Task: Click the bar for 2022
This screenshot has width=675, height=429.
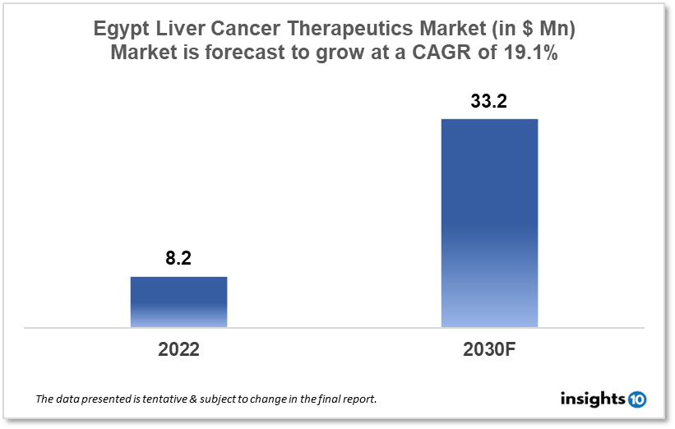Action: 178,302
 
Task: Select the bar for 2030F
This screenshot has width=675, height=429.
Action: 489,223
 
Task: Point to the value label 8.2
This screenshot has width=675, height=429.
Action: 178,258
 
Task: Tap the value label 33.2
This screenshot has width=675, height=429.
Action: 489,101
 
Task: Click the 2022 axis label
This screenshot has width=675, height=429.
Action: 178,348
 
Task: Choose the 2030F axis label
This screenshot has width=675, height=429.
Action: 489,348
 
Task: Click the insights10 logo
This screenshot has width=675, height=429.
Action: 602,399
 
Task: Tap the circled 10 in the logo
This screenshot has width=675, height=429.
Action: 636,399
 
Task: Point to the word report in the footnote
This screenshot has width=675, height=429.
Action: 358,399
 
